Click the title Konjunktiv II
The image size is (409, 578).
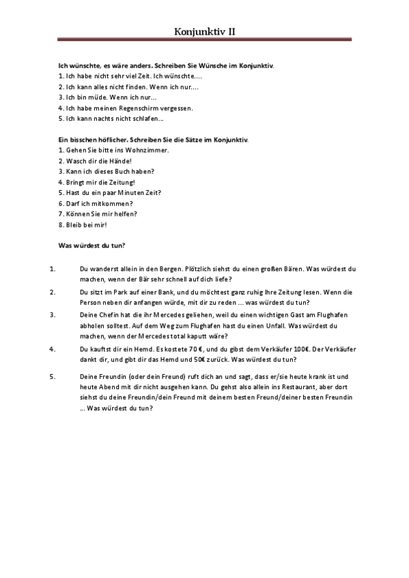point(205,31)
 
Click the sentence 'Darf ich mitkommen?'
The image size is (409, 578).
point(95,203)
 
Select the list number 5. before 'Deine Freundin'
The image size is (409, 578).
point(53,375)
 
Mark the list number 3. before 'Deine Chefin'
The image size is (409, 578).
point(53,314)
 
